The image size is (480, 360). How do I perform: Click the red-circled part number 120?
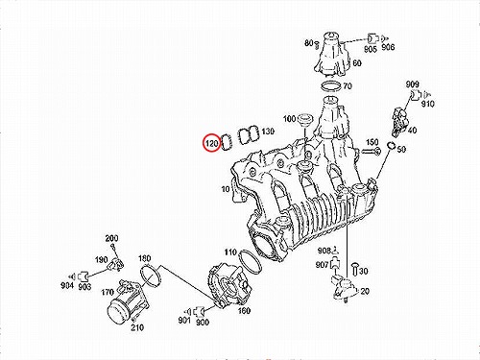(212, 143)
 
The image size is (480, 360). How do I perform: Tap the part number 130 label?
(268, 132)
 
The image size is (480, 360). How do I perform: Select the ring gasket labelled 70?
(329, 86)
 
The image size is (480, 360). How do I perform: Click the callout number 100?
(289, 119)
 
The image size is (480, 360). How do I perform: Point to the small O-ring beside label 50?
(391, 146)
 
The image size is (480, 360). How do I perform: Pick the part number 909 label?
(412, 84)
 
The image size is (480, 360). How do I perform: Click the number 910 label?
(428, 104)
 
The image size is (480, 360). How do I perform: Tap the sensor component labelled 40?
(399, 121)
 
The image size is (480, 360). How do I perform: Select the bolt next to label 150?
(371, 152)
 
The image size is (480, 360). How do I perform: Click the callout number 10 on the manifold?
(226, 189)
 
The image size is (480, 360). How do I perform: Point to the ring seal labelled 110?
(251, 262)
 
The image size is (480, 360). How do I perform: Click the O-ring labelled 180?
(150, 276)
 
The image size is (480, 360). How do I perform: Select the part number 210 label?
(137, 327)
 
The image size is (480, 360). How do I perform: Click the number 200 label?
(111, 238)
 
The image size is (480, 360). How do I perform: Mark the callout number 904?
(67, 286)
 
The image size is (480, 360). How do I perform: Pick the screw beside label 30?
(354, 269)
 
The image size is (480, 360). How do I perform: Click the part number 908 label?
(324, 251)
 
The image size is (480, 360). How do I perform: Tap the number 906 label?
(388, 47)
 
